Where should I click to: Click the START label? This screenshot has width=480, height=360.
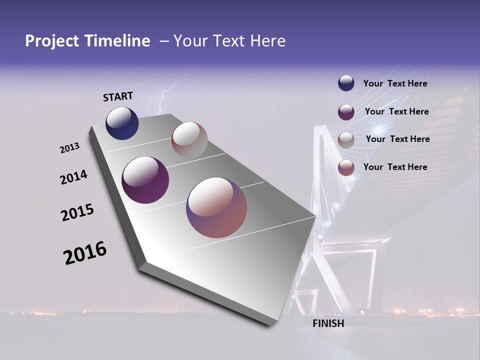pyautogui.click(x=118, y=96)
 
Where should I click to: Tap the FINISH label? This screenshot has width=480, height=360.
pyautogui.click(x=328, y=323)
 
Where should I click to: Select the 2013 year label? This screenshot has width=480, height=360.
pyautogui.click(x=69, y=148)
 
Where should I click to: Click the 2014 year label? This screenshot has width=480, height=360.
pyautogui.click(x=73, y=177)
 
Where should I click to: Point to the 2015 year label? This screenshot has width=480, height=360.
pyautogui.click(x=77, y=212)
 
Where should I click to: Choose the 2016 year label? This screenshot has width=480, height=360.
pyautogui.click(x=85, y=253)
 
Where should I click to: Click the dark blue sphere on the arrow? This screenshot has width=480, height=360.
pyautogui.click(x=122, y=123)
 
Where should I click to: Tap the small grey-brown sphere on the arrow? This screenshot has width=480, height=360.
pyautogui.click(x=189, y=140)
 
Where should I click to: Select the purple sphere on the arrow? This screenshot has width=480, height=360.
pyautogui.click(x=145, y=180)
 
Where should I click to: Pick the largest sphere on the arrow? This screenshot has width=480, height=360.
pyautogui.click(x=216, y=207)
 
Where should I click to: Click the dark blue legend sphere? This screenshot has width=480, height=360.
pyautogui.click(x=346, y=83)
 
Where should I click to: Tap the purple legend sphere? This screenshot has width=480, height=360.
pyautogui.click(x=346, y=112)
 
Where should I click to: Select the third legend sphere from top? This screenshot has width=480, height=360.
pyautogui.click(x=346, y=140)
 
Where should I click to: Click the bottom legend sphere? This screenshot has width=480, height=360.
pyautogui.click(x=346, y=167)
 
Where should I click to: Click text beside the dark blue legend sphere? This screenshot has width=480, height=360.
pyautogui.click(x=395, y=83)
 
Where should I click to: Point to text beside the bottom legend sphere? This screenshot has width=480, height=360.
pyautogui.click(x=395, y=167)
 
